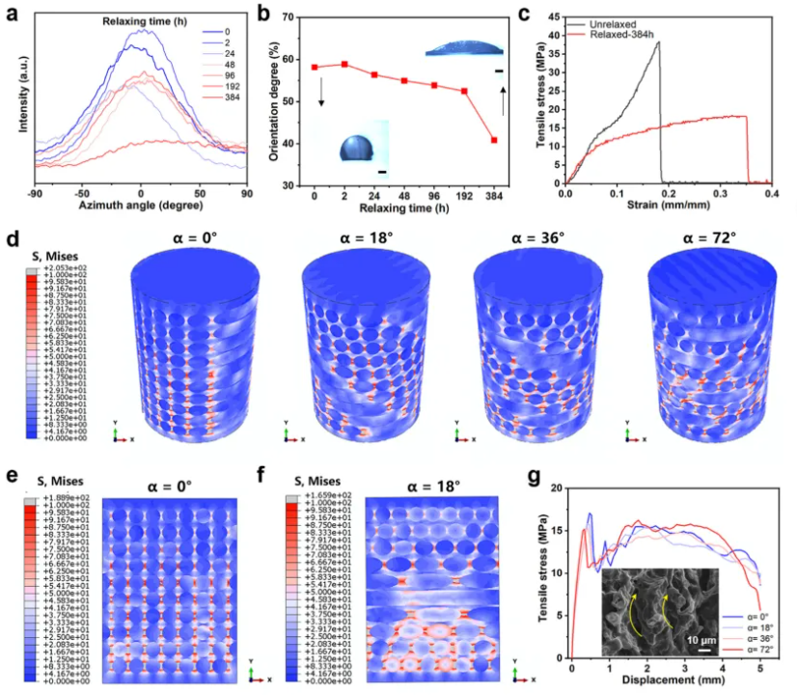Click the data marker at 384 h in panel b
pos(494,140)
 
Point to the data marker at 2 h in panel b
pos(344,65)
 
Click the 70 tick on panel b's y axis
pos(304,16)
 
